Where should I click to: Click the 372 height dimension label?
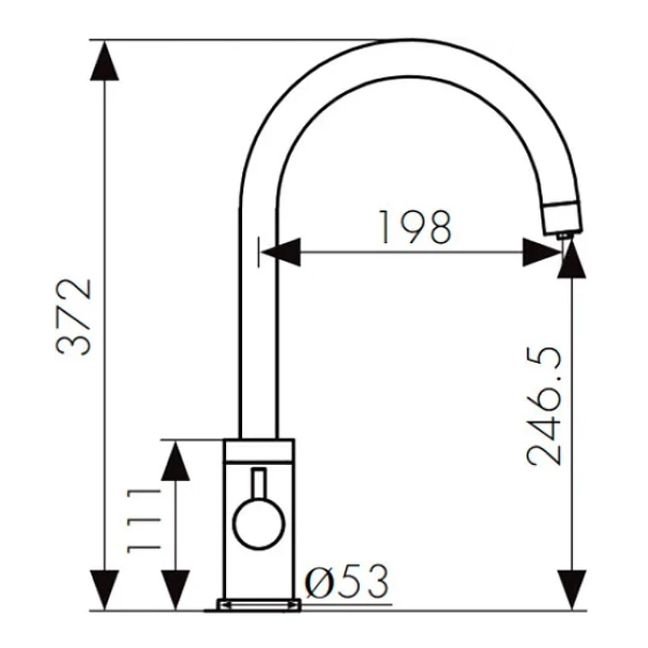74,317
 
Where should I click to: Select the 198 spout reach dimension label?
415,228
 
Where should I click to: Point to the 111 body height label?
143,521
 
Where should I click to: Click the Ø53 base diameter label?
347,582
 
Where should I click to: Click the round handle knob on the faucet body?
259,523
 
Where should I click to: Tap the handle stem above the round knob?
259,484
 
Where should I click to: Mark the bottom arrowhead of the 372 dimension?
104,590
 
